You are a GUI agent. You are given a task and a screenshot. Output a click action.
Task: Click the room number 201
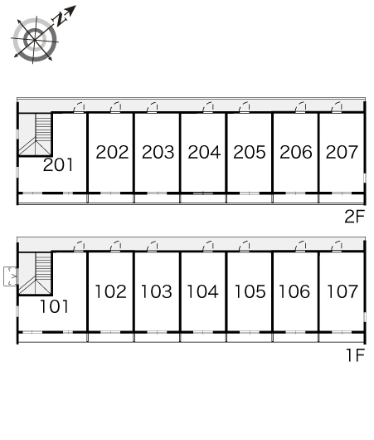point(58,164)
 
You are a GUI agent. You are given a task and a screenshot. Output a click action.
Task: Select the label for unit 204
point(204,152)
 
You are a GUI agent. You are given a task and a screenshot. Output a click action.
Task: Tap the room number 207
point(342,152)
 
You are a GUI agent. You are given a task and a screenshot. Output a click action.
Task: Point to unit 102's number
point(110,291)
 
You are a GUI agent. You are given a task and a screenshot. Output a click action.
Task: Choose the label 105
point(250,291)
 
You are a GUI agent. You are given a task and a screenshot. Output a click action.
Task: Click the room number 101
point(54,306)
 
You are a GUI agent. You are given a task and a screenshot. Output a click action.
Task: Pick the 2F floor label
point(355,217)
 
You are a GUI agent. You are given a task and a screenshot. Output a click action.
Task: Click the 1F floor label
point(355,355)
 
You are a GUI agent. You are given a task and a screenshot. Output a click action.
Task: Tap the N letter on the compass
point(60,20)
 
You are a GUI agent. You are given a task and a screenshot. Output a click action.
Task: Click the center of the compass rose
point(35,40)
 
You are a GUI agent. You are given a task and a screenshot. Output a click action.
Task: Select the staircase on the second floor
point(36,134)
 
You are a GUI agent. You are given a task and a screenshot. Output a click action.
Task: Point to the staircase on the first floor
point(36,274)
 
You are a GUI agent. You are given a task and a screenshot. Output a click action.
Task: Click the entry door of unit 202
point(115,107)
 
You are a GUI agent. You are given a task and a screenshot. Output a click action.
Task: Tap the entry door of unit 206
point(300,107)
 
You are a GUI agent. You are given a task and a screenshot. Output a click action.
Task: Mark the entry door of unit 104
point(208,247)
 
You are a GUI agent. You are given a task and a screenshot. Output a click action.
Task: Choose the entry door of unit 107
point(337,247)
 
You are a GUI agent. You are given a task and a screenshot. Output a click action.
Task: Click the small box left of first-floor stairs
point(11,276)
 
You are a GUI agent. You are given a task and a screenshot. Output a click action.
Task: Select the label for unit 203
point(158,152)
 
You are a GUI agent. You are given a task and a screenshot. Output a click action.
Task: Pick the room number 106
point(294,291)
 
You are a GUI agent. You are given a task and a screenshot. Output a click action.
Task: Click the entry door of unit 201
point(79,107)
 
